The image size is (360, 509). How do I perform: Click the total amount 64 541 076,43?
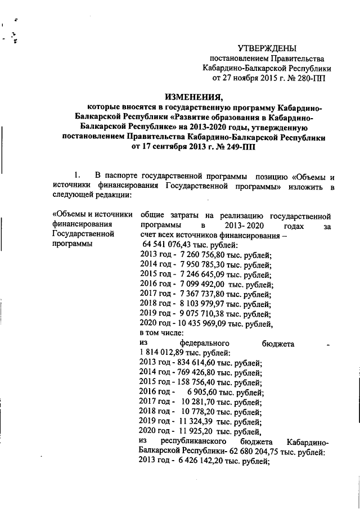coord(174,245)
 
